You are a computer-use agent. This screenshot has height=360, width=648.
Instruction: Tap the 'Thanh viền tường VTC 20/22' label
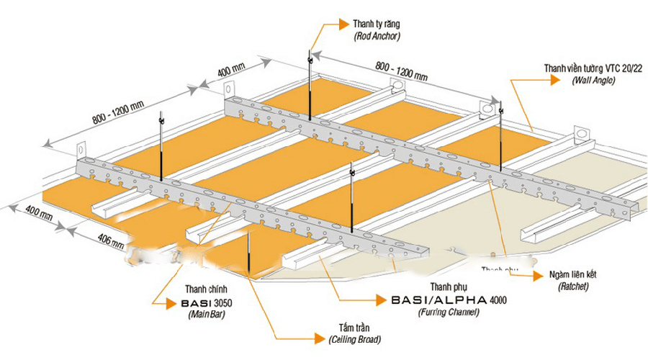593,68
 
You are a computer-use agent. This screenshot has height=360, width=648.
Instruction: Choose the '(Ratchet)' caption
572,287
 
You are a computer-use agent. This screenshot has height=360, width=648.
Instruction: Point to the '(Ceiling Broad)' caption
355,338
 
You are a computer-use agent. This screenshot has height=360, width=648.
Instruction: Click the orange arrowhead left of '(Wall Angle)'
554,81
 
